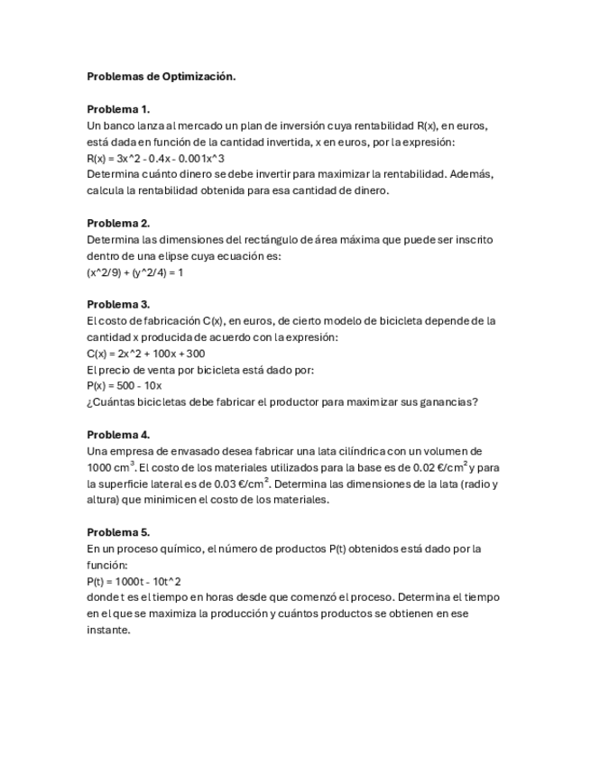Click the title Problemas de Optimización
(x=161, y=77)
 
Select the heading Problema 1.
(x=118, y=109)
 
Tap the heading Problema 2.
(x=118, y=223)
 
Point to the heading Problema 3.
(x=118, y=304)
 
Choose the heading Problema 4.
(x=118, y=434)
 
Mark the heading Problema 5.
(x=118, y=532)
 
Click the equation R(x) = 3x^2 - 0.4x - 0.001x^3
(x=155, y=158)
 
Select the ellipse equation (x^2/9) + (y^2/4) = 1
(x=135, y=272)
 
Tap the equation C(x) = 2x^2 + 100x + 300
(x=145, y=354)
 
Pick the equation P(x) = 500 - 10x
(x=124, y=386)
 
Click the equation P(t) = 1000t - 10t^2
(x=134, y=581)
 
